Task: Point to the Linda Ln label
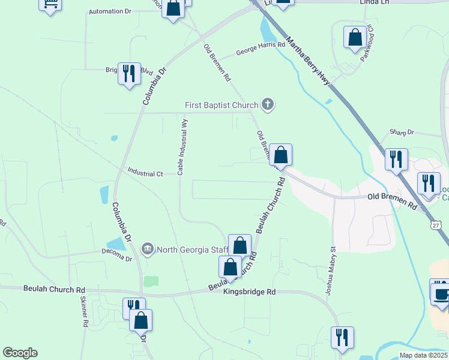pyautogui.click(x=375, y=2)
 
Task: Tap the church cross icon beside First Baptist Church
pyautogui.click(x=268, y=105)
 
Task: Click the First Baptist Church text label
pyautogui.click(x=221, y=106)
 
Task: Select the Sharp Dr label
pyautogui.click(x=402, y=132)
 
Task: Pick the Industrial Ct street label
pyautogui.click(x=145, y=173)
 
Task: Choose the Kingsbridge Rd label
pyautogui.click(x=249, y=292)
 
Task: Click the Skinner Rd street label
pyautogui.click(x=83, y=314)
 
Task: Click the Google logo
pyautogui.click(x=20, y=353)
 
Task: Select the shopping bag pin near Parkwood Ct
pyautogui.click(x=355, y=37)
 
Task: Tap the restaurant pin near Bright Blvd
pyautogui.click(x=129, y=73)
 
